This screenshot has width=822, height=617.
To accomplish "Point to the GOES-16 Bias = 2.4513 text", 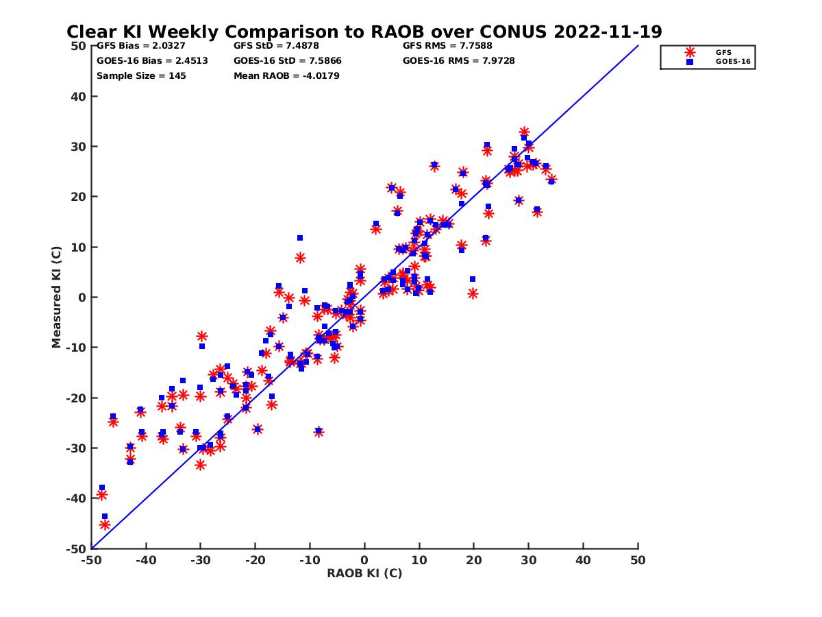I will (x=152, y=60).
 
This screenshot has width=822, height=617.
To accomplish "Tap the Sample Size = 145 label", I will (x=141, y=75).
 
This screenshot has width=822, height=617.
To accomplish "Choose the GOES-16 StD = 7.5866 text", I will (x=288, y=60).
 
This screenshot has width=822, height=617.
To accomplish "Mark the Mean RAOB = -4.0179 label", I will (x=286, y=75).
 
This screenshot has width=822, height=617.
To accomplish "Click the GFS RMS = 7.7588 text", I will (x=447, y=46).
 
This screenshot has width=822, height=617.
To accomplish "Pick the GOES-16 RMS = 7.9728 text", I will (x=459, y=60).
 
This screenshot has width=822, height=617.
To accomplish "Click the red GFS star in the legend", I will (x=689, y=52).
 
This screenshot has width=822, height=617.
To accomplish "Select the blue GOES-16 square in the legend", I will (x=689, y=62).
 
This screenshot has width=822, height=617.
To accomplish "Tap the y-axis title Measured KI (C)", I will (x=56, y=298).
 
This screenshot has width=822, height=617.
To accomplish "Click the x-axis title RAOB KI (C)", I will (x=364, y=573).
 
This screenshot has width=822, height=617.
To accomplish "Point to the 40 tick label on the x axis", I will (x=584, y=560).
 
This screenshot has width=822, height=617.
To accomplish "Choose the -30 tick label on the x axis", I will (x=200, y=560).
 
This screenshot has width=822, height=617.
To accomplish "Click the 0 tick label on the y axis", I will (x=82, y=298).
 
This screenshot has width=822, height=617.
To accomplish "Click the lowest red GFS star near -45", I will (x=105, y=524).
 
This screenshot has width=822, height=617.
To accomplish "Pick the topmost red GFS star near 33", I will (x=524, y=132).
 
